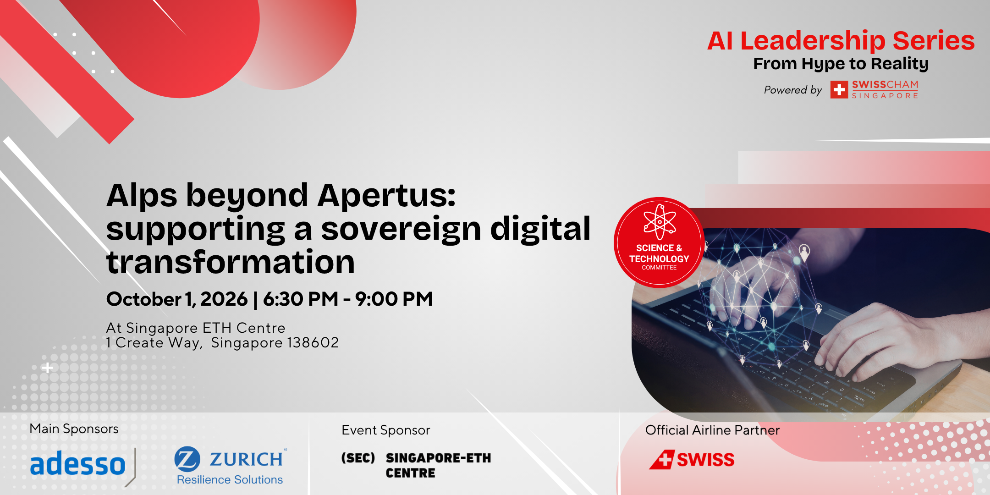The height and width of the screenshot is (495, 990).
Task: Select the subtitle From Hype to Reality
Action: (x=841, y=64)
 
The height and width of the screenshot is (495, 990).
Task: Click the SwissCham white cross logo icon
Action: (x=839, y=90)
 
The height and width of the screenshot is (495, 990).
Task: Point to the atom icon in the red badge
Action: (x=660, y=222)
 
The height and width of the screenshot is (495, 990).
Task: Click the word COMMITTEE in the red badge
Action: (x=659, y=268)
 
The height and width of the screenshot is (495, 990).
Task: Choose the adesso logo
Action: (x=78, y=464)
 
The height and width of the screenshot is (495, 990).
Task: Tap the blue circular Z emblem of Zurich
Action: (x=187, y=459)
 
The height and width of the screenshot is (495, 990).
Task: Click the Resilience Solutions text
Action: (x=230, y=480)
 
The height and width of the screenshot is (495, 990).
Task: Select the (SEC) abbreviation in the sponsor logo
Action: (x=358, y=458)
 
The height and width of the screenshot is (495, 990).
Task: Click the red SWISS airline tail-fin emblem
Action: (x=662, y=460)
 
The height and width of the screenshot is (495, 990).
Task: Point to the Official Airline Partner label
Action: (x=712, y=430)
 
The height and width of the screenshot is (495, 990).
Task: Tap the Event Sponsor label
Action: (x=386, y=430)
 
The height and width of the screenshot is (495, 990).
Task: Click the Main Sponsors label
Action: (x=74, y=429)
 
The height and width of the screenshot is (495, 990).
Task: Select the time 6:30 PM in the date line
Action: (x=301, y=299)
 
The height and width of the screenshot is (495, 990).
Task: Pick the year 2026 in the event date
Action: (x=224, y=299)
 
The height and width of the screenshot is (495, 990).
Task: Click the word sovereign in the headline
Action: (x=401, y=230)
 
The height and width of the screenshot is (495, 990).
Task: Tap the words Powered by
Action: (x=793, y=90)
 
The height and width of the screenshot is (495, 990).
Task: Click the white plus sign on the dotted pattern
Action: (x=47, y=368)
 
